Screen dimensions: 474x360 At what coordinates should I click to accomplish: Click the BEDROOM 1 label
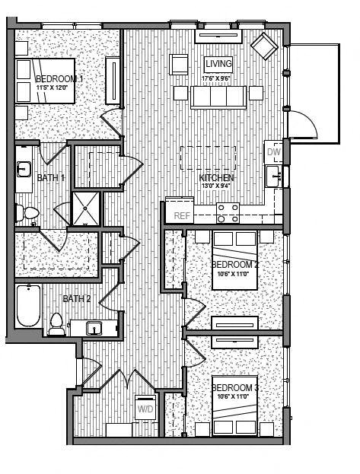point(59,78)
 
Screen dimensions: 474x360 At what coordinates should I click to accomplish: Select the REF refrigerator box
point(181,215)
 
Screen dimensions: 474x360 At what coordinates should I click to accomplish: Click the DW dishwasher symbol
point(274,152)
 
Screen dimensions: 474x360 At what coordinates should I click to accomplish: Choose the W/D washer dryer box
point(145,409)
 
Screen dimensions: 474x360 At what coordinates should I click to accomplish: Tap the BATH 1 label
point(51,178)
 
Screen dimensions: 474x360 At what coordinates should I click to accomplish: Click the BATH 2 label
point(77,298)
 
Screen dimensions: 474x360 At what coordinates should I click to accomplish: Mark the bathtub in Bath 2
point(28,306)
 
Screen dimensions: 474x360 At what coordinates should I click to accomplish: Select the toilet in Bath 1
point(28,212)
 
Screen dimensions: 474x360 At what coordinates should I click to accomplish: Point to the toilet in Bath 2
point(56,325)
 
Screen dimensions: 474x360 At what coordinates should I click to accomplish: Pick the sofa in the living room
point(218,97)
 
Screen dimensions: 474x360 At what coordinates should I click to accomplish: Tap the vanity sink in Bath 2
point(94,328)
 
